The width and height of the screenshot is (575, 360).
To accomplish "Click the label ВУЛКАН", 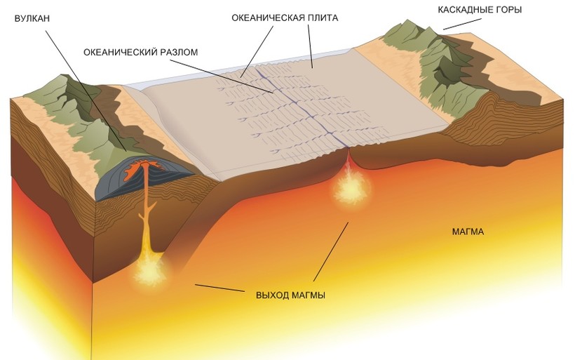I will [x=33, y=19].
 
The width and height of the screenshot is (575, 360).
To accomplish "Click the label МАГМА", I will [x=468, y=231].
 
